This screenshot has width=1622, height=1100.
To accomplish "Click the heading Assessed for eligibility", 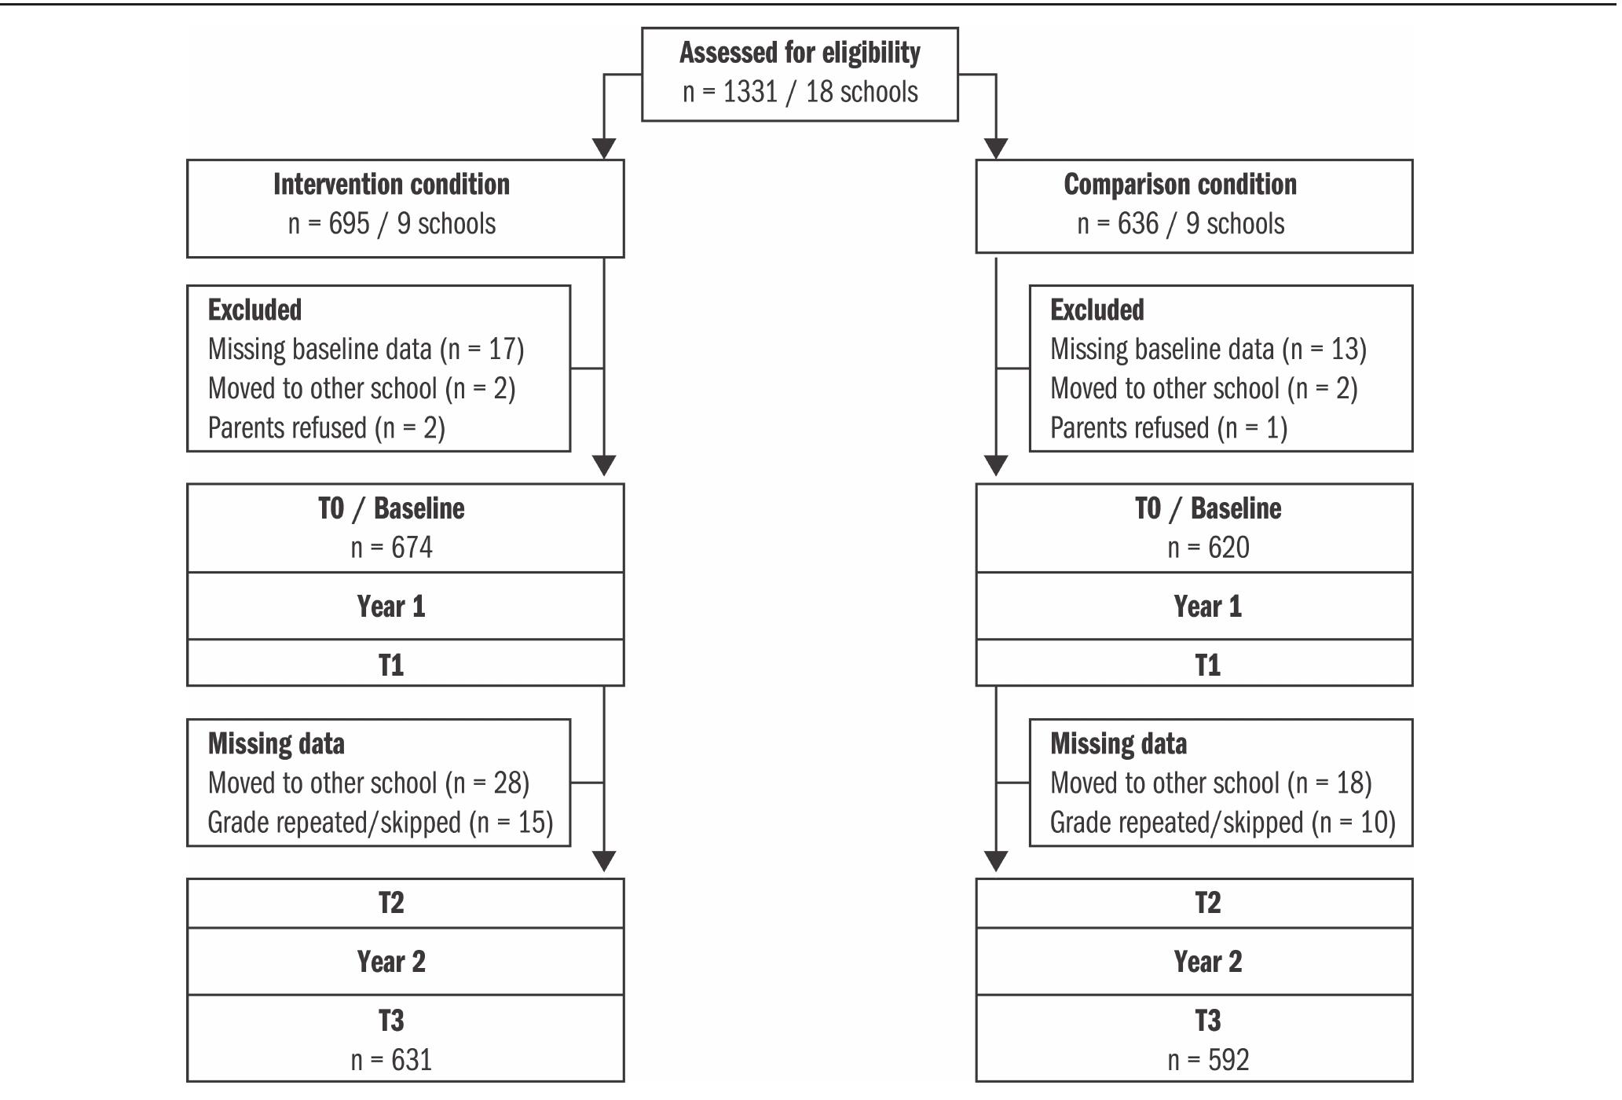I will [800, 53].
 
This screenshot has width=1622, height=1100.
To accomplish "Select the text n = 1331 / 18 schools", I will [800, 92].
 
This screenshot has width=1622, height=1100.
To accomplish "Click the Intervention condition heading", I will [391, 185].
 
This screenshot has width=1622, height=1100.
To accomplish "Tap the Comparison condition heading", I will [1180, 185].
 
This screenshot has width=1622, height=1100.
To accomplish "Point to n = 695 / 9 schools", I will [391, 224].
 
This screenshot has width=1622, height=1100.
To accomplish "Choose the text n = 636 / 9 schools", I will [1180, 224].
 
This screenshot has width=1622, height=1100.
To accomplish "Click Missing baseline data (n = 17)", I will [365, 349].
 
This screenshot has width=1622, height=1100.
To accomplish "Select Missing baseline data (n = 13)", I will [1208, 349].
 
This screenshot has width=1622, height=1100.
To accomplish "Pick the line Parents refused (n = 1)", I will [1168, 428].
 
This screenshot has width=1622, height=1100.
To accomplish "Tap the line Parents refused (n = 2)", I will [326, 428].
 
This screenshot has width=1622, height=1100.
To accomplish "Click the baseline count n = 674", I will [391, 548].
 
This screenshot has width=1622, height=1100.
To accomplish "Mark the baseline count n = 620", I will [1208, 548].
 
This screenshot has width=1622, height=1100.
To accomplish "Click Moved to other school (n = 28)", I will [368, 783].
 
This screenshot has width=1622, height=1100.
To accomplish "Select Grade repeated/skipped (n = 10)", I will [1222, 823].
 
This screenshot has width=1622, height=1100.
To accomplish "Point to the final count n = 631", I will [391, 1060].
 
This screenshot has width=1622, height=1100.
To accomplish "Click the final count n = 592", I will [1208, 1060].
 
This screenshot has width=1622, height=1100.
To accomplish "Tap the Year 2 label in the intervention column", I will [391, 962].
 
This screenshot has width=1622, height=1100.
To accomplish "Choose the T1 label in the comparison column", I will [1208, 665].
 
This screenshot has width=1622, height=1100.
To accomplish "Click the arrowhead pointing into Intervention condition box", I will [603, 149].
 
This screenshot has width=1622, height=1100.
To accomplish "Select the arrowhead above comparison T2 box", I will [996, 861].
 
